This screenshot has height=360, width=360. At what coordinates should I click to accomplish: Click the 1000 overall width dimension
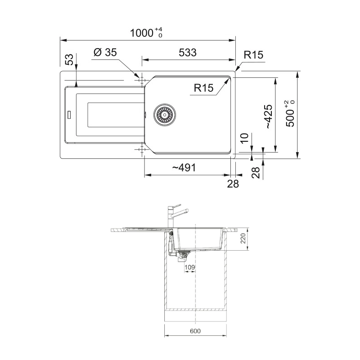tap(146, 32)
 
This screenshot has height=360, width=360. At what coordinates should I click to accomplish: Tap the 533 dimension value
tap(188, 53)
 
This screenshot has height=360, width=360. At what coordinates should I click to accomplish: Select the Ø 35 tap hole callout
tap(105, 52)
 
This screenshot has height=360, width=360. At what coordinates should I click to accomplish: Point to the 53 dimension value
tap(70, 59)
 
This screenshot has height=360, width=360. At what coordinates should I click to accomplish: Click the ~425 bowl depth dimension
tap(269, 117)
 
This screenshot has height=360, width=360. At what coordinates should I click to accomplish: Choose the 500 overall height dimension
tap(290, 114)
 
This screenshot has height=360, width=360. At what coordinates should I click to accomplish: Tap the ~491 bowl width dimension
tap(184, 167)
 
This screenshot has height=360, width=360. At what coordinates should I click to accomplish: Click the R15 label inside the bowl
tap(204, 88)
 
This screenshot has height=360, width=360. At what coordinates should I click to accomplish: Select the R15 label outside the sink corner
tap(253, 55)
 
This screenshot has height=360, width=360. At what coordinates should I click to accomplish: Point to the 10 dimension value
tap(245, 138)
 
